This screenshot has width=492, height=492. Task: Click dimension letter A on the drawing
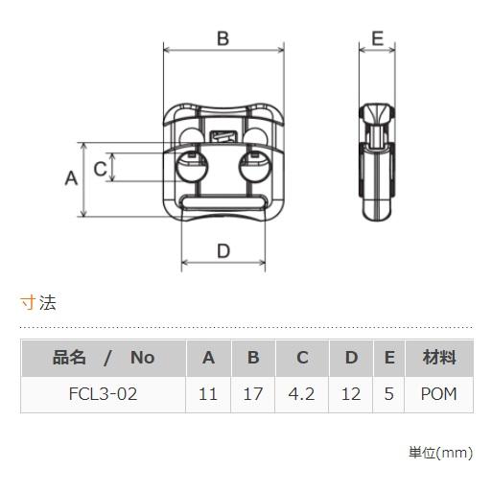pyautogui.click(x=70, y=178)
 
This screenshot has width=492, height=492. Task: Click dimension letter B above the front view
pyautogui.click(x=223, y=38)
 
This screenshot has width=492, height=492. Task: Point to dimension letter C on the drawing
pyautogui.click(x=100, y=169)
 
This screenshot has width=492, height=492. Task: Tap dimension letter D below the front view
pyautogui.click(x=223, y=251)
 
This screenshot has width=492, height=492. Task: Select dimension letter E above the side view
pyautogui.click(x=377, y=38)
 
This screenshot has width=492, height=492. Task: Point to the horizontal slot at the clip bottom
pyautogui.click(x=224, y=203)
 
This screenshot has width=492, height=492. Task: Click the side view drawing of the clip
pyautogui.click(x=377, y=163)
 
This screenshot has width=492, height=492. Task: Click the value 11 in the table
pyautogui.click(x=208, y=394)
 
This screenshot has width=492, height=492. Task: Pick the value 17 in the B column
pyautogui.click(x=253, y=394)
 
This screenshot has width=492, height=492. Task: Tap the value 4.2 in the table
pyautogui.click(x=302, y=394)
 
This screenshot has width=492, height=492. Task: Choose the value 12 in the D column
pyautogui.click(x=351, y=394)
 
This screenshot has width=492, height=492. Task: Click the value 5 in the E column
pyautogui.click(x=388, y=394)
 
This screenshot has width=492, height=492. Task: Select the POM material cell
pyautogui.click(x=438, y=394)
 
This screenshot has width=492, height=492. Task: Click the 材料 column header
pyautogui.click(x=438, y=358)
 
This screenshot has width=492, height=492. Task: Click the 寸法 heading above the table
pyautogui.click(x=38, y=303)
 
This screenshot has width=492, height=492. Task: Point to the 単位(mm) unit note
pyautogui.click(x=440, y=451)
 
